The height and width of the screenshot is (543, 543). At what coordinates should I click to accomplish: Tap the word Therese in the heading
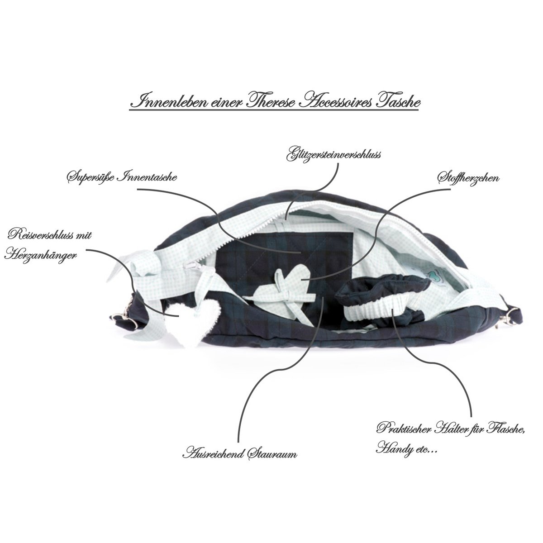[270, 102]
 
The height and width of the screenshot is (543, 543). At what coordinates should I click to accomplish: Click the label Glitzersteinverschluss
[333, 156]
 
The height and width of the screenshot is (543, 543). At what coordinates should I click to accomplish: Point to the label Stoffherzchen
[468, 179]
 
